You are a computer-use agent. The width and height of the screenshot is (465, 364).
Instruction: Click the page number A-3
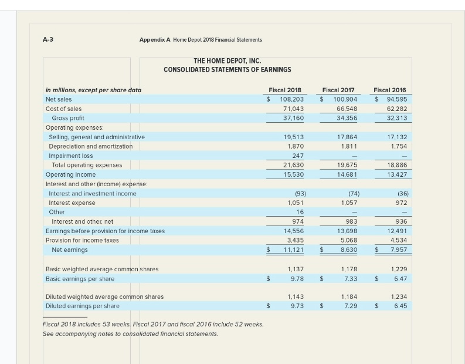48,39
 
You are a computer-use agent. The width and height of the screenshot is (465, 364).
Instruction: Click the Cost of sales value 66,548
343,109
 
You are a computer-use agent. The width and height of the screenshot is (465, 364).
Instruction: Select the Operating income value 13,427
396,174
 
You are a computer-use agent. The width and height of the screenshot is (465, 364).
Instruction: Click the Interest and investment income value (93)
297,193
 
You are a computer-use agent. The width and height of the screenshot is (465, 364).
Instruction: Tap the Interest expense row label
72,203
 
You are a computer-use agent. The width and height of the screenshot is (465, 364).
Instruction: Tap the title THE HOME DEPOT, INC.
227,61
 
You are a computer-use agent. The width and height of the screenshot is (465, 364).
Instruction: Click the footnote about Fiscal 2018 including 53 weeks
154,325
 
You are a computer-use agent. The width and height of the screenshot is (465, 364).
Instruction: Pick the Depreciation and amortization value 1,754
397,146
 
